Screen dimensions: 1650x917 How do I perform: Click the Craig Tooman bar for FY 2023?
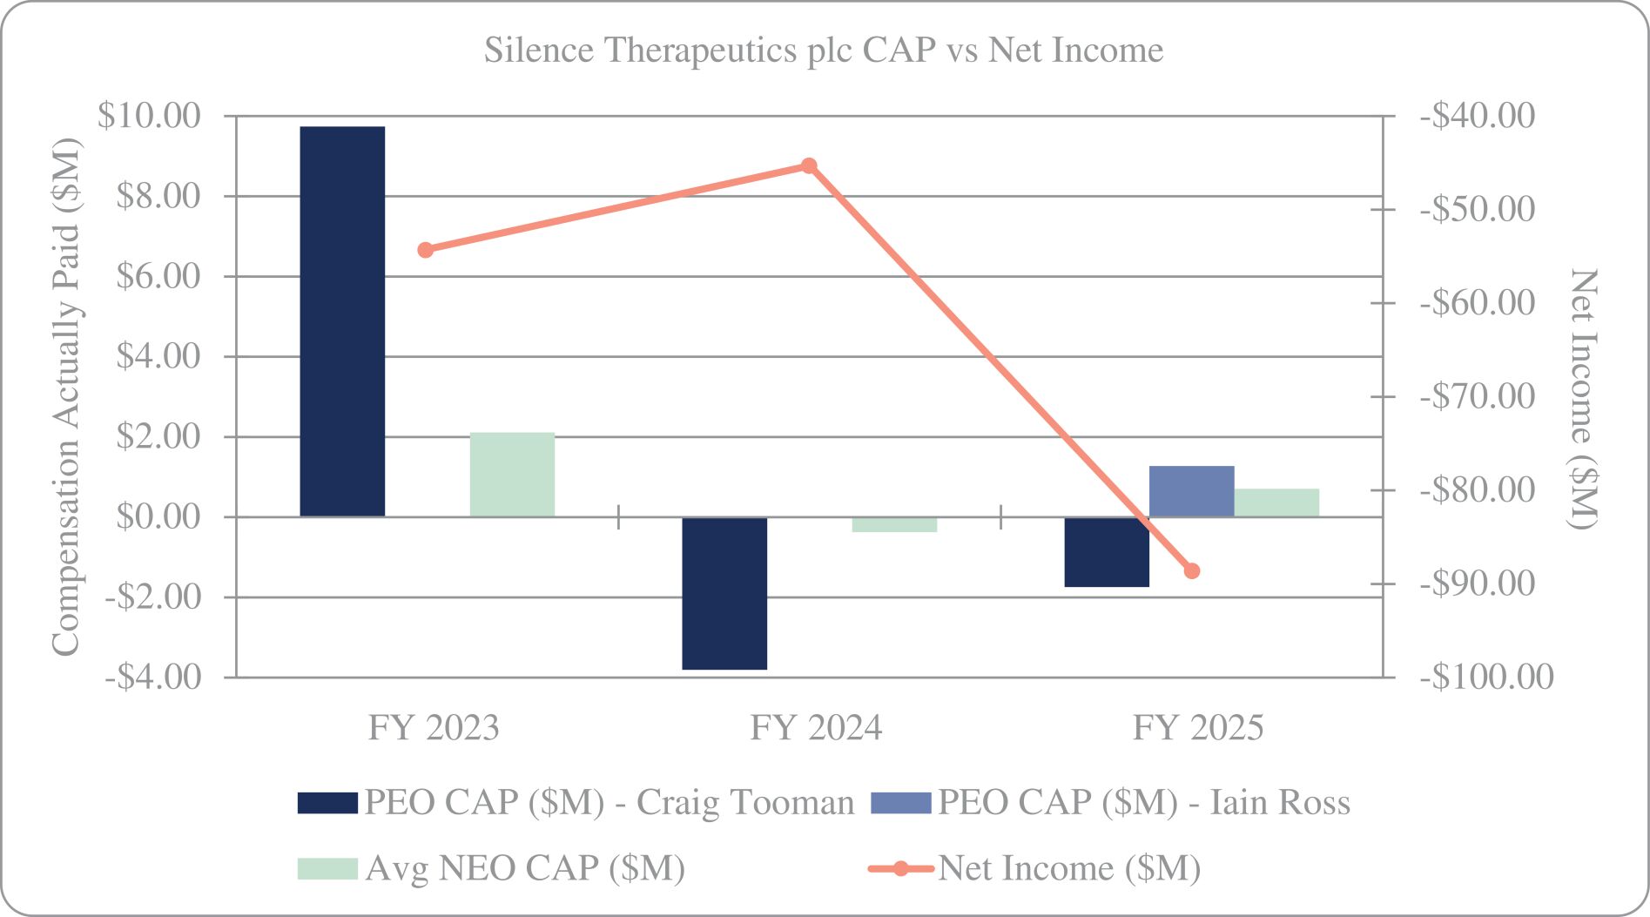click(x=342, y=321)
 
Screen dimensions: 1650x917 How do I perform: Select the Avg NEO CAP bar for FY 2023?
click(x=512, y=475)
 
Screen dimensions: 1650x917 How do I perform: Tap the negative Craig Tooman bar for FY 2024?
click(x=724, y=593)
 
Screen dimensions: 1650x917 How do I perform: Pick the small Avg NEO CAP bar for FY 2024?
click(x=894, y=524)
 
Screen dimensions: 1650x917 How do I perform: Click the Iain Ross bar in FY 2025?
click(x=1191, y=491)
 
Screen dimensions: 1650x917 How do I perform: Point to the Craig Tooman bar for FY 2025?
click(x=1107, y=552)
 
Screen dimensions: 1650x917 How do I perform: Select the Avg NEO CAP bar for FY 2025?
click(x=1276, y=502)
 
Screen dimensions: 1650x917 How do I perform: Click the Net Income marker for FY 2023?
click(x=426, y=250)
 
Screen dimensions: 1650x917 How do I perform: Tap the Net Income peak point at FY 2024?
click(x=809, y=165)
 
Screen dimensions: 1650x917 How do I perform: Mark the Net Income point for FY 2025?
click(x=1192, y=571)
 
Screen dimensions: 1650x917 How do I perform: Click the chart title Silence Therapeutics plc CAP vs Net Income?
click(x=824, y=50)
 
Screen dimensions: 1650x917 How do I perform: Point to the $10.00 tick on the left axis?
click(x=149, y=115)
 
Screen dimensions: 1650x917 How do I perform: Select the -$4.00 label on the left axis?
click(x=153, y=677)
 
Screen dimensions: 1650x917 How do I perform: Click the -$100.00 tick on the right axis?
click(x=1486, y=677)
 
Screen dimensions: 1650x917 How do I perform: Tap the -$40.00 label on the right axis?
click(x=1478, y=115)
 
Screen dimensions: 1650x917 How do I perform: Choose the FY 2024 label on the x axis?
click(x=816, y=728)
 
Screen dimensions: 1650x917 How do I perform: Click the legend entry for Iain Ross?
click(x=1111, y=802)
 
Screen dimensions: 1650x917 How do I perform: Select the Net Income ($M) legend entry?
click(x=1035, y=868)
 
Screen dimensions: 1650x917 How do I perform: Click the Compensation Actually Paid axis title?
click(x=66, y=396)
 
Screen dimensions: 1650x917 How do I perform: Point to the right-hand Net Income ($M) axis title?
click(x=1583, y=398)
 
